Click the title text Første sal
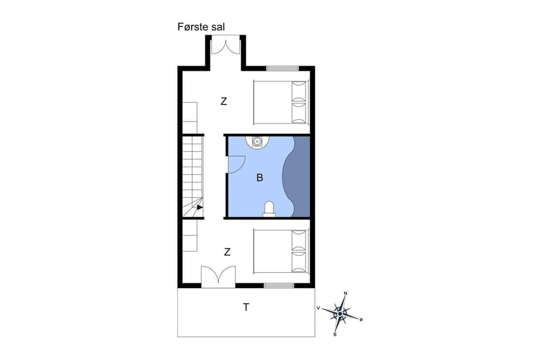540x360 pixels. (201, 26)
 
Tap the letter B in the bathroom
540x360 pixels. (259, 178)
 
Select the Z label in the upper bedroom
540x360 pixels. (224, 102)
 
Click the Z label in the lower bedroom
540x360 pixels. (227, 252)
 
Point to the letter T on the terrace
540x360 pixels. (246, 307)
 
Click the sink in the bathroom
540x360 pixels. (257, 141)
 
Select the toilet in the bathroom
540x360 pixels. (269, 209)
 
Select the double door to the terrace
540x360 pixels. (218, 276)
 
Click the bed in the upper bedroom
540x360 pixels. (281, 102)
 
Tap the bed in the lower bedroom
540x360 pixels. (281, 251)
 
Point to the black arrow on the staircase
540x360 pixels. (200, 207)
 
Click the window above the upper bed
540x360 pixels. (282, 69)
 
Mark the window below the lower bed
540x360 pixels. (279, 286)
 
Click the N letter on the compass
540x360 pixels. (345, 294)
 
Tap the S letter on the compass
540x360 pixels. (335, 335)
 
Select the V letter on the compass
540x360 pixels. (318, 308)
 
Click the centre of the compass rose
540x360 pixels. (340, 313)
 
